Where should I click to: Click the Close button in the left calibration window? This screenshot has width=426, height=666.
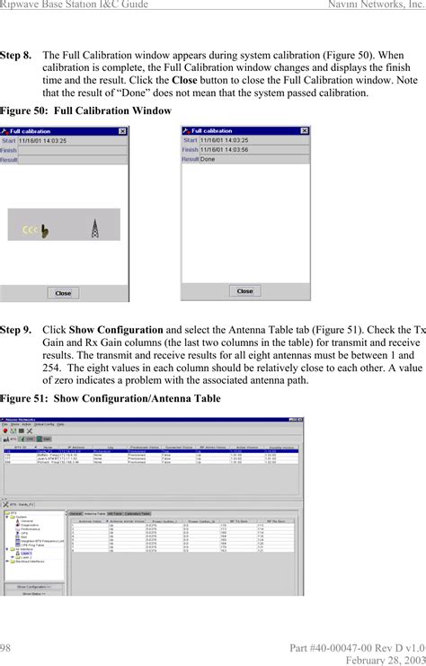pyautogui.click(x=63, y=293)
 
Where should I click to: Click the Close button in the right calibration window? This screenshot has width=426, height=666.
pyautogui.click(x=244, y=291)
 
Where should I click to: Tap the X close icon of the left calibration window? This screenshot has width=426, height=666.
pyautogui.click(x=122, y=131)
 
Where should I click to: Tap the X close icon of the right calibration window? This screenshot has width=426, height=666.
pyautogui.click(x=304, y=131)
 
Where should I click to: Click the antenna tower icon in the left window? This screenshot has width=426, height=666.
pyautogui.click(x=93, y=228)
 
